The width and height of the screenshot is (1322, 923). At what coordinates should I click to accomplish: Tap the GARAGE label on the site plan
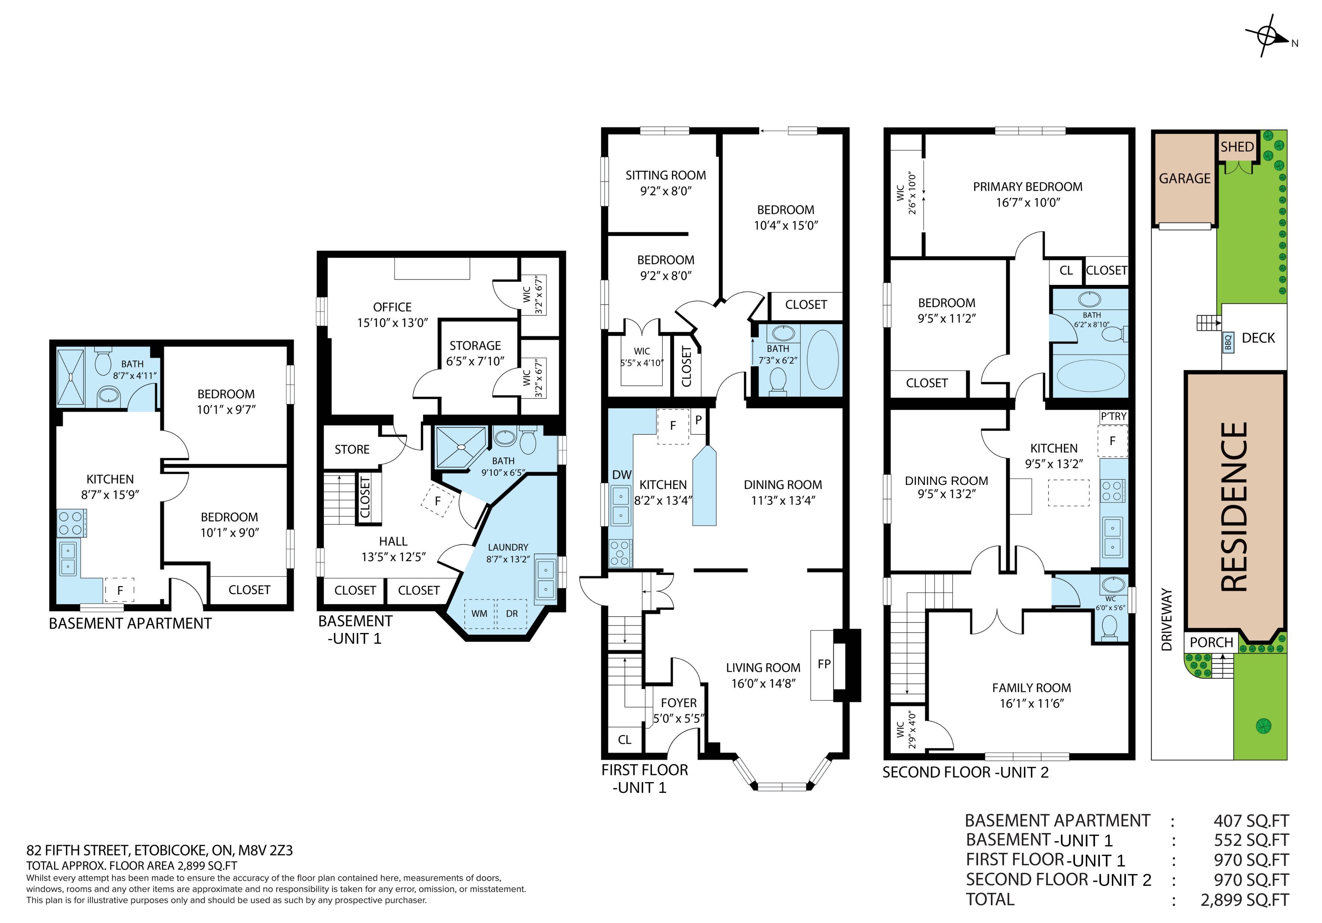point(1184,179)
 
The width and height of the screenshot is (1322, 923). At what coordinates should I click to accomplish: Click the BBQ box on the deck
point(1228,342)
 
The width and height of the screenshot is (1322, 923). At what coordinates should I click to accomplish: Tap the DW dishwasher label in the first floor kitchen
point(622,475)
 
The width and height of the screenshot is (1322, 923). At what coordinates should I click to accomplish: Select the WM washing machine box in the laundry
point(479,614)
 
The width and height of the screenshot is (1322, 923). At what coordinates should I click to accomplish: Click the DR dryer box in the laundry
point(512,614)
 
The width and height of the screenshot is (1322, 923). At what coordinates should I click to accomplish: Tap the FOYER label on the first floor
point(679,702)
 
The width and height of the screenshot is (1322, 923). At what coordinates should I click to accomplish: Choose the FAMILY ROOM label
point(1031,688)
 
